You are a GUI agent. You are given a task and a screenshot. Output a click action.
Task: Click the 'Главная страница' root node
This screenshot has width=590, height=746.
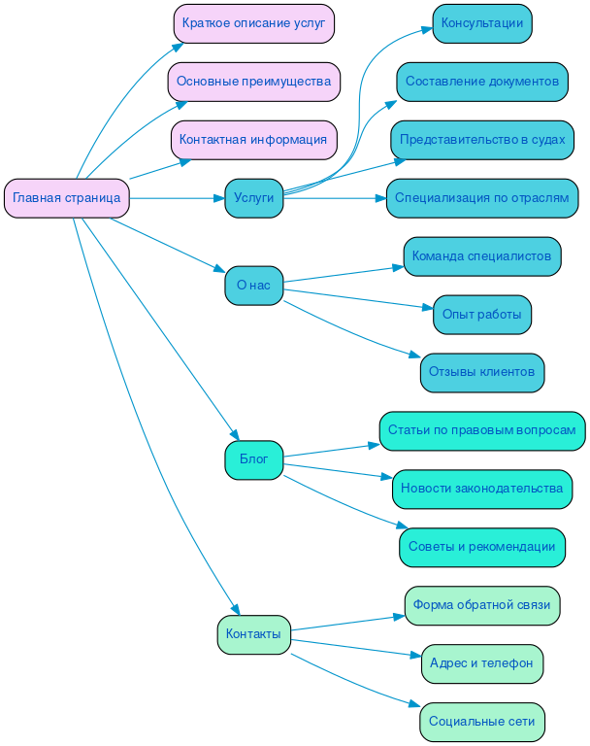click(x=67, y=198)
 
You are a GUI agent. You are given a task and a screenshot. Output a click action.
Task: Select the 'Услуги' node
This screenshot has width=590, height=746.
click(x=253, y=198)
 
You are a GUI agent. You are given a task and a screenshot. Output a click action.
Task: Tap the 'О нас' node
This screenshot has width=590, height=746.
click(x=253, y=286)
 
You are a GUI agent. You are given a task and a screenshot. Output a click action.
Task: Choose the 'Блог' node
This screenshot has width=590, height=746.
click(x=253, y=459)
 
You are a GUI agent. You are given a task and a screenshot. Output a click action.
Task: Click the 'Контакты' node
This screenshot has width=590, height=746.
click(x=253, y=634)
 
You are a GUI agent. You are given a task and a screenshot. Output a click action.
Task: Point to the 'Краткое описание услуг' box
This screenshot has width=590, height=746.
click(x=253, y=23)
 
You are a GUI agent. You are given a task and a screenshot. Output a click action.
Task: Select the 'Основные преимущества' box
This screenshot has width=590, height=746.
click(x=253, y=82)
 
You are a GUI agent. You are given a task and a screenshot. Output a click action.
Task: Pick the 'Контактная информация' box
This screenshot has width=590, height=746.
click(x=253, y=140)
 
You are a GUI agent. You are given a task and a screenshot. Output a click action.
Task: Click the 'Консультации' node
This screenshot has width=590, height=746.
click(x=481, y=23)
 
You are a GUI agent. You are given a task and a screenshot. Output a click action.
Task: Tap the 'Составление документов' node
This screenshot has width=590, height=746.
click(x=481, y=82)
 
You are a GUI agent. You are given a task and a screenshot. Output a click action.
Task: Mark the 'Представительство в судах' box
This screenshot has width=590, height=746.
click(x=481, y=140)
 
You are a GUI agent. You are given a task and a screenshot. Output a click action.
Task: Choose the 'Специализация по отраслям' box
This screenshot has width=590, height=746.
click(x=481, y=198)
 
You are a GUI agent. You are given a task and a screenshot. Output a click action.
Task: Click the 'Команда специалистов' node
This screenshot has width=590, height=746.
click(x=481, y=256)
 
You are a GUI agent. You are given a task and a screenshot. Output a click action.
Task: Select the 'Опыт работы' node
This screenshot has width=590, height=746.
click(x=481, y=315)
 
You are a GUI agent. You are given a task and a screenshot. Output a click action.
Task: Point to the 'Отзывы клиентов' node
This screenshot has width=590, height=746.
click(x=481, y=372)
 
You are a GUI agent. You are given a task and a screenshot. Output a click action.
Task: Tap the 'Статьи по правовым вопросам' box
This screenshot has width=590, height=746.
click(x=481, y=430)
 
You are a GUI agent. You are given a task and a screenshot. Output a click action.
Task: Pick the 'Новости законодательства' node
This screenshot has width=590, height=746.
click(x=481, y=489)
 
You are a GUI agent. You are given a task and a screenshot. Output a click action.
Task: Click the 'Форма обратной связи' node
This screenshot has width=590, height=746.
click(x=481, y=605)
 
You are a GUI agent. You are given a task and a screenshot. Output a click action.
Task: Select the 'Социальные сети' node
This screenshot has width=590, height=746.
click(x=481, y=722)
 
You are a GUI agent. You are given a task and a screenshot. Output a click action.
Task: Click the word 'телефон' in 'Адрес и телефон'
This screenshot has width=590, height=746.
click(x=508, y=663)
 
